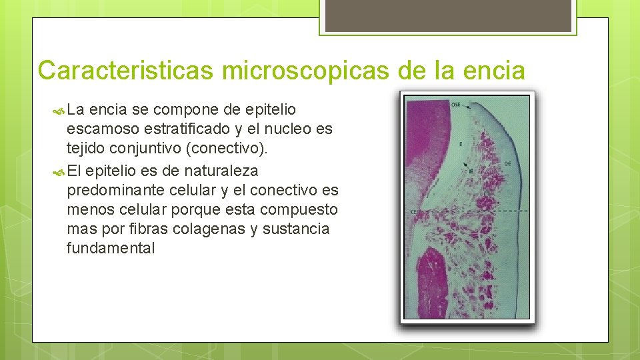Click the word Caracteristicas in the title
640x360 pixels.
(125, 70)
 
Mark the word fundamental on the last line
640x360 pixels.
(111, 249)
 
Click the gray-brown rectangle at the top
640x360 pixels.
(446, 15)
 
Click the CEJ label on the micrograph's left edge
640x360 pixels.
(413, 211)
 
